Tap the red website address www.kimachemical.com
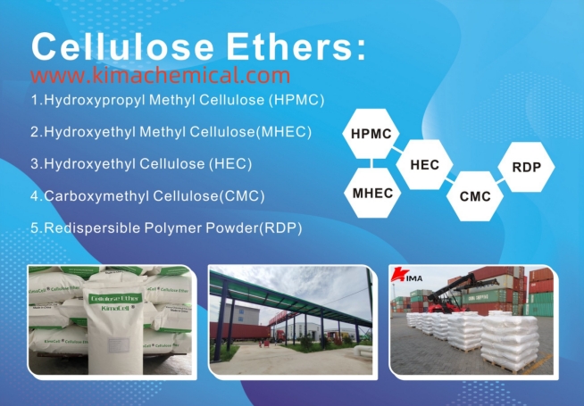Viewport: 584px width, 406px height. [x=160, y=76]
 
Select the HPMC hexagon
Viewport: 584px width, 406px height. [x=371, y=135]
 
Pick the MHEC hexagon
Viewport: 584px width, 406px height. [x=371, y=193]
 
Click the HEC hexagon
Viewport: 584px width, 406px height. [x=424, y=164]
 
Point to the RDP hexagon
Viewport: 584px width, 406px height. [x=526, y=166]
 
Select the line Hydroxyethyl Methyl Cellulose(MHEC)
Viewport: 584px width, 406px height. [x=171, y=131]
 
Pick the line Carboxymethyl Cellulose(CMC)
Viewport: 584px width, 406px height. [x=147, y=195]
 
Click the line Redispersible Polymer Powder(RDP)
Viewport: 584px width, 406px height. [x=166, y=228]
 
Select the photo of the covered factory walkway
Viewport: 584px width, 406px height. [x=290, y=319]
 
